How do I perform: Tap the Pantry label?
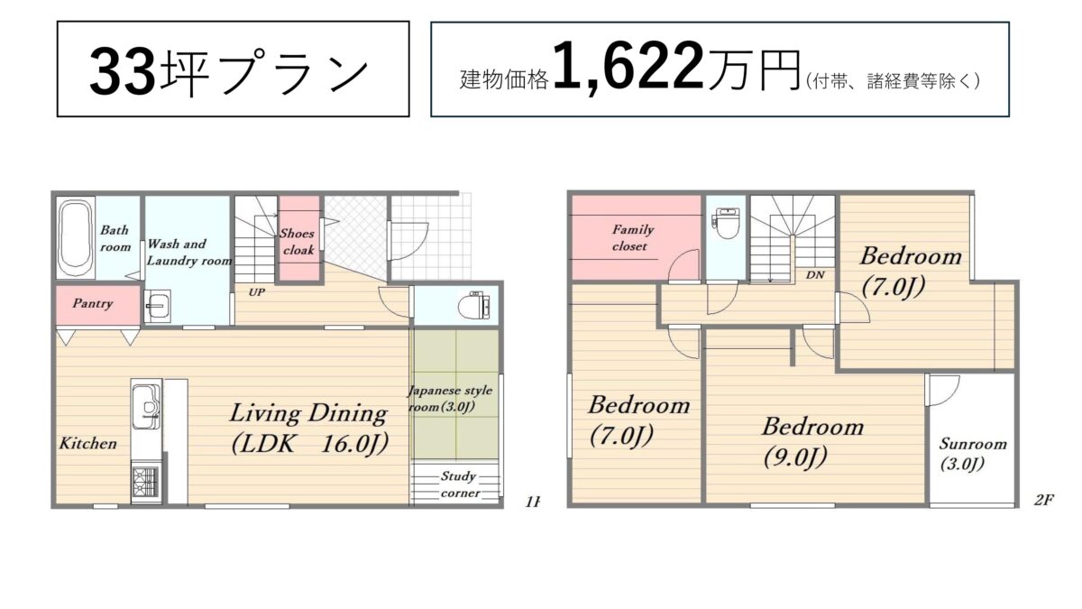93,304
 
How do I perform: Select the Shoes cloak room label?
298,242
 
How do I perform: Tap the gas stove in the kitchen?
146,482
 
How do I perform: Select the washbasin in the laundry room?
158,306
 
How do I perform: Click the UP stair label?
256,292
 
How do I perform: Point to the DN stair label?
815,275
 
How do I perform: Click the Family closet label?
632,238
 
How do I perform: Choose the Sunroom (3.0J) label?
973,454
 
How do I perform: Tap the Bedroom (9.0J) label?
813,442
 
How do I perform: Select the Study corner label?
460,484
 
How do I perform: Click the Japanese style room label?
451,399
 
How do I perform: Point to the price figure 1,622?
628,67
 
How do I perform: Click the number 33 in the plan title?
124,71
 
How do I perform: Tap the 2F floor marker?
1043,500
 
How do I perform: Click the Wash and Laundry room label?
188,253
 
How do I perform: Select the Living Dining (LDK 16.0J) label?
309,429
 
